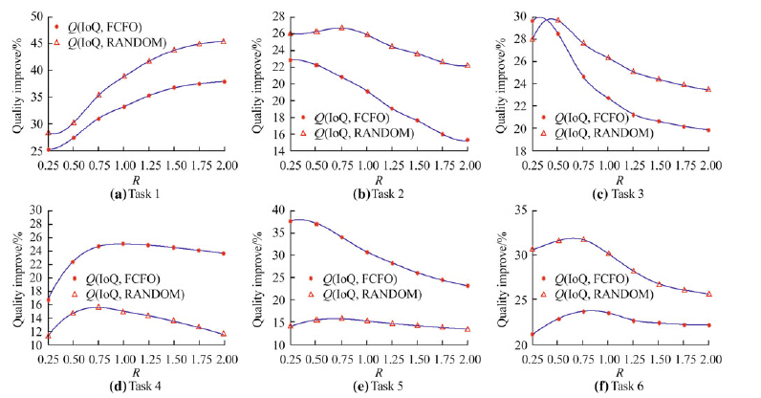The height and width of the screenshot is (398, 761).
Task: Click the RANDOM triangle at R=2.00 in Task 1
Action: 223,41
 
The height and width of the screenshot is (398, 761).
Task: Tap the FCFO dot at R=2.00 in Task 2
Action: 467,140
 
